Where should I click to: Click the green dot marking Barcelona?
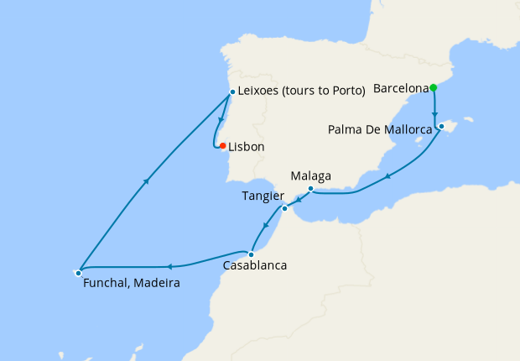pos(433,87)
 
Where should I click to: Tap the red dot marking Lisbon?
pos(222,146)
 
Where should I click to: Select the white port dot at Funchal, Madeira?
pos(78,272)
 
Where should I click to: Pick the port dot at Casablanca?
pos(251,253)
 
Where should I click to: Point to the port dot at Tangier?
pos(285,208)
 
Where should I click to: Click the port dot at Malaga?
pos(310,189)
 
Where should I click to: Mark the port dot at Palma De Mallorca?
pos(441,127)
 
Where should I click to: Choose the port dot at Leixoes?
pos(232,92)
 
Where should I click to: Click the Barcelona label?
pos(401,87)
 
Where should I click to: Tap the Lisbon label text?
pos(247,147)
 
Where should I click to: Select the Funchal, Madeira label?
pos(132,284)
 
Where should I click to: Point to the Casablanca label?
pos(255,266)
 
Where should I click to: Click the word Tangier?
pos(263,196)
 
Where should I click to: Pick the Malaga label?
pos(311,176)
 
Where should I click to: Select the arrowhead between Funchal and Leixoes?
pos(148,180)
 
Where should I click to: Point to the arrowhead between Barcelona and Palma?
pos(434,114)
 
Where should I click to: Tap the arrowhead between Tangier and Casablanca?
pos(267,224)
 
